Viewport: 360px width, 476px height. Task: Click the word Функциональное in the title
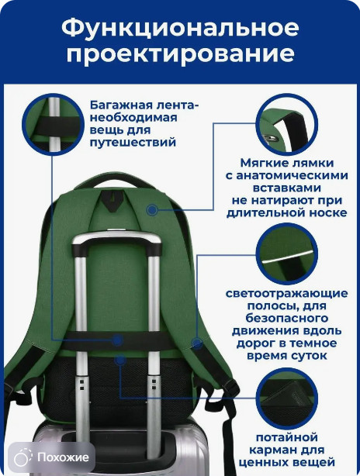click(x=180, y=29)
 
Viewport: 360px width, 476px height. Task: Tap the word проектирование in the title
click(x=180, y=54)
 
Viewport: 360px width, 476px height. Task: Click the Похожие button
click(x=52, y=457)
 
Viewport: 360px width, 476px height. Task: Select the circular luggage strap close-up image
click(x=53, y=125)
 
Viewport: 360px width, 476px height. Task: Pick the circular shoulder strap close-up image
click(x=287, y=125)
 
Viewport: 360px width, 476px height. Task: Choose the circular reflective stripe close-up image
click(x=287, y=254)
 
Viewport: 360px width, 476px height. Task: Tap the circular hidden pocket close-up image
click(x=287, y=398)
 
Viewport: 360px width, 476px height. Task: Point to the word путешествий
click(x=133, y=142)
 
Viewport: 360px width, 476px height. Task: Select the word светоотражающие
click(x=287, y=294)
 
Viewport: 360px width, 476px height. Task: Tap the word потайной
click(x=287, y=437)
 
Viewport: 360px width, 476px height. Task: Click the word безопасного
click(x=287, y=318)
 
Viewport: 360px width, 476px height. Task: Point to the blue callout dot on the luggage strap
click(x=116, y=340)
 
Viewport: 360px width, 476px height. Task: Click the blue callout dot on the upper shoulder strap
click(x=152, y=209)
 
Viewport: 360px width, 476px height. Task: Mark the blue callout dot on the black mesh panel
click(x=120, y=360)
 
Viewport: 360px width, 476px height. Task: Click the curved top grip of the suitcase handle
click(x=116, y=239)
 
